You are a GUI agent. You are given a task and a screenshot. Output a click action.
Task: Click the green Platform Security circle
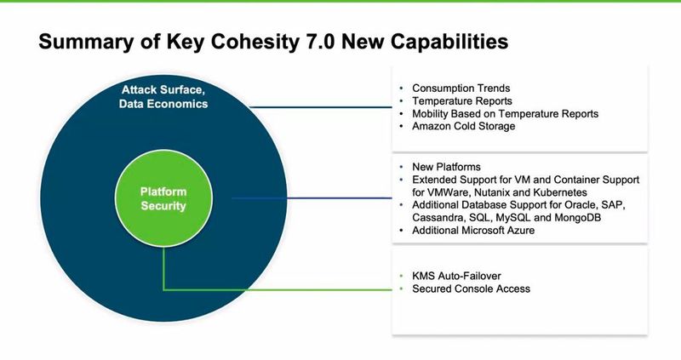[x=163, y=198]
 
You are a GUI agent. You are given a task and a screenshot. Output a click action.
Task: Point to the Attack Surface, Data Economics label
[x=163, y=96]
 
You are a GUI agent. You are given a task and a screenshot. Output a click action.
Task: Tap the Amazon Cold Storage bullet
[x=464, y=126]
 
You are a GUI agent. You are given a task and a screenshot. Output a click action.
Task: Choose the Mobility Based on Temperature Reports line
[x=505, y=113]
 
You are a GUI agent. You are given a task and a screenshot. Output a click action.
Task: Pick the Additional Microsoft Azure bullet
[x=473, y=231]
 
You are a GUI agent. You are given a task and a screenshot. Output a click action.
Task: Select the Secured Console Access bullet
[x=471, y=289]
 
